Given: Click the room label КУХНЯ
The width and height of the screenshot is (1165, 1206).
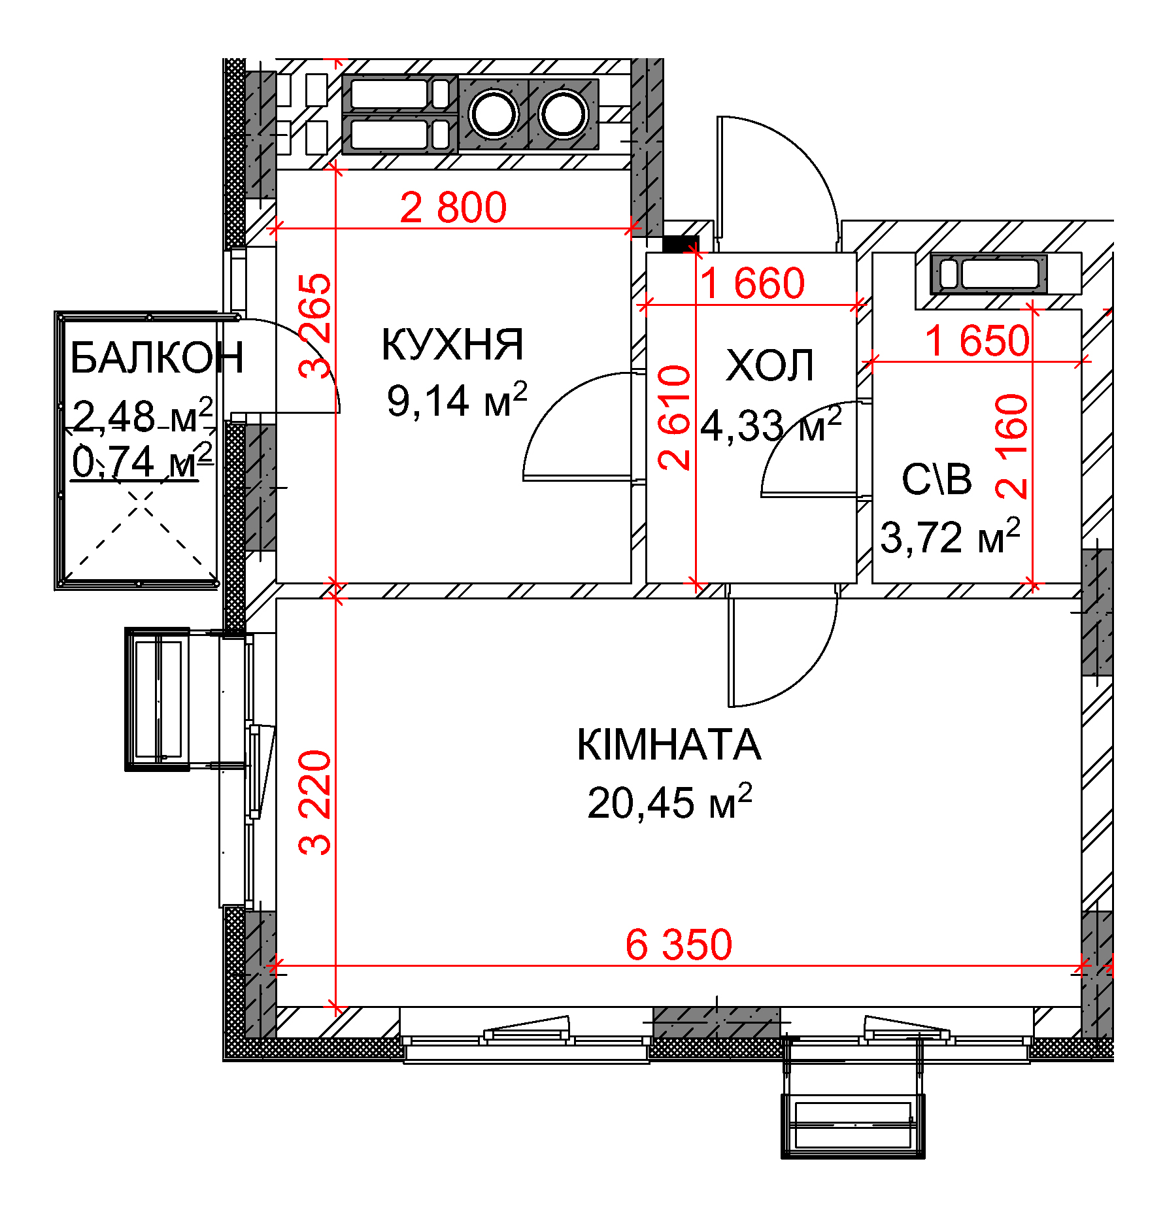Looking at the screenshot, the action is (x=452, y=344).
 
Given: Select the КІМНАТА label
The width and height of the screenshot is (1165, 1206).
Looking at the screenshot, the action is (x=669, y=745).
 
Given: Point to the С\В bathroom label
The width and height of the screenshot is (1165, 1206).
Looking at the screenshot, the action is (x=937, y=478).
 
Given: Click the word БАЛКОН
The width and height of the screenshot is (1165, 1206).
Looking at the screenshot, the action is (x=157, y=358).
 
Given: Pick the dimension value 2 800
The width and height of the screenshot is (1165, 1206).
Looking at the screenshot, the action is (x=453, y=207).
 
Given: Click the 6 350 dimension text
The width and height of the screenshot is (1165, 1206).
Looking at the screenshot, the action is (x=679, y=944).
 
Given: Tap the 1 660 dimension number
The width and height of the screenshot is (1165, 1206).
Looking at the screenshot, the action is (x=752, y=283).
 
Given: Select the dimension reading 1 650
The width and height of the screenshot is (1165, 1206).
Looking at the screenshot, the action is (x=978, y=341).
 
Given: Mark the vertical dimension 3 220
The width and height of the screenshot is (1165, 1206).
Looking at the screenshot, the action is (x=315, y=803).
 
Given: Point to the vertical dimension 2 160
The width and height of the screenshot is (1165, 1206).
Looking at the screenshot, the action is (x=1011, y=446).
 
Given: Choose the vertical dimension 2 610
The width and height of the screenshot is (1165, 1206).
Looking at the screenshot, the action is (x=674, y=418).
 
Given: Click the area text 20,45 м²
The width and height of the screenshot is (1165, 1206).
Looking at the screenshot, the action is (x=669, y=802).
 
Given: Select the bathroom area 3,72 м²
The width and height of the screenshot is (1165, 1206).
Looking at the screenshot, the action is (x=950, y=537).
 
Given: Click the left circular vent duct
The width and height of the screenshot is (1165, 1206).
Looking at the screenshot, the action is (x=494, y=114).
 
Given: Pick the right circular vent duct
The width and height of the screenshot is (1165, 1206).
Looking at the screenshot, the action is (x=563, y=114).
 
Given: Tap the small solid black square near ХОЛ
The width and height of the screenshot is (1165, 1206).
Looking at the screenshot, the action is (x=681, y=244).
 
